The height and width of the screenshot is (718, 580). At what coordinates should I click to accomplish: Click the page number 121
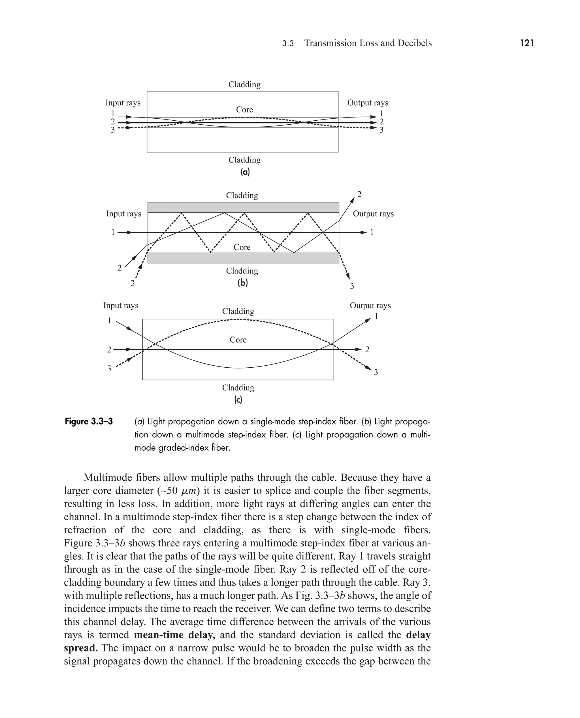click(x=527, y=43)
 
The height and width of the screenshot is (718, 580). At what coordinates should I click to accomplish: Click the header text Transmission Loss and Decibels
click(x=368, y=43)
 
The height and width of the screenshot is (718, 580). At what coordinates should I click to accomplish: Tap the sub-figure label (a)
click(x=245, y=172)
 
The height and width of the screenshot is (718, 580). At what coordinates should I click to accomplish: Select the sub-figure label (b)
click(x=242, y=283)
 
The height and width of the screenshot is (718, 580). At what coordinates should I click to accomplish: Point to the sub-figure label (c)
click(x=238, y=400)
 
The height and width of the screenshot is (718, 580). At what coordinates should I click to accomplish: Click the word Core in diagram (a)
click(x=244, y=110)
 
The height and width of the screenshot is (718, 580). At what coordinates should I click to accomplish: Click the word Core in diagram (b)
click(x=242, y=247)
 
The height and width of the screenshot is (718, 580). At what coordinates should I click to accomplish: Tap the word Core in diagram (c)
click(x=238, y=340)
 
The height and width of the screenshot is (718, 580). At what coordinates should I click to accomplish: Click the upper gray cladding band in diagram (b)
click(x=243, y=207)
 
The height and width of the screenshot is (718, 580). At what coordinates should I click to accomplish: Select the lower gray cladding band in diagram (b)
click(x=243, y=258)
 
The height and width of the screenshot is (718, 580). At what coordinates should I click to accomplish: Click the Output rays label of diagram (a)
click(x=368, y=103)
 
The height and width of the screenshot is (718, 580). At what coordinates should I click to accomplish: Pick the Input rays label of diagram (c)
click(x=121, y=305)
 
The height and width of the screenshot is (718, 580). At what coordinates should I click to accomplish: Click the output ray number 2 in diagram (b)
click(x=359, y=194)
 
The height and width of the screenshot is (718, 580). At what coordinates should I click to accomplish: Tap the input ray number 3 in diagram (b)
click(x=132, y=283)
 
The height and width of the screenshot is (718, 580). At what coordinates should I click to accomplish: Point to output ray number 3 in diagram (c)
click(x=376, y=372)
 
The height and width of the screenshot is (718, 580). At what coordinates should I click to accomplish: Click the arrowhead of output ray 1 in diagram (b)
click(x=364, y=232)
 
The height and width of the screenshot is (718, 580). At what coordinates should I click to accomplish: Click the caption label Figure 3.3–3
click(x=89, y=422)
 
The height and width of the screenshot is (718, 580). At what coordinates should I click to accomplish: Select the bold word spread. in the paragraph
click(x=81, y=648)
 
